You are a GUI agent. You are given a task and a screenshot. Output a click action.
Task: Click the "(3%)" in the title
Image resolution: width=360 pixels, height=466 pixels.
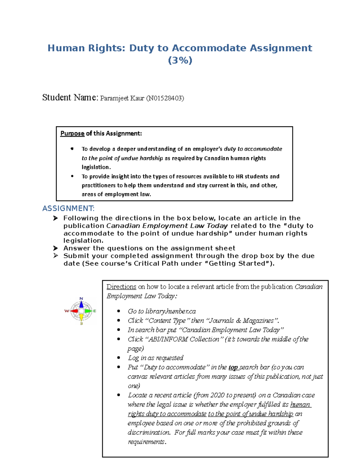(x=180, y=61)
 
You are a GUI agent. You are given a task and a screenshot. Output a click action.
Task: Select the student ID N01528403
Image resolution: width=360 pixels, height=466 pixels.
(x=165, y=98)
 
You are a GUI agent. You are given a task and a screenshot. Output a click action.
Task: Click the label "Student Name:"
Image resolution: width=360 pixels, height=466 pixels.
(x=70, y=98)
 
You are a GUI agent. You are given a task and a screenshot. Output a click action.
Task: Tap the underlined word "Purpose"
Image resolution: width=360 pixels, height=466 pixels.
(x=72, y=134)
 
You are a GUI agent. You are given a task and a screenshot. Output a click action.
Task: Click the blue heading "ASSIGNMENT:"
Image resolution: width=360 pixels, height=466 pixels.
(x=68, y=208)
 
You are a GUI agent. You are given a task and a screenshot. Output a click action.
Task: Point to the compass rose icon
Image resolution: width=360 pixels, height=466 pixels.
(x=81, y=311)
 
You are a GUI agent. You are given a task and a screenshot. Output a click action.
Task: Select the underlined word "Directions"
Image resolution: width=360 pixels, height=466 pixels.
(x=121, y=287)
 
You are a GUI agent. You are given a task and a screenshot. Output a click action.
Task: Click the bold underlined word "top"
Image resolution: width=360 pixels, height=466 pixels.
(x=233, y=367)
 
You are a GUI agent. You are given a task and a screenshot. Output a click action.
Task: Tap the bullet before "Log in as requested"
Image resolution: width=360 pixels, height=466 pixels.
(x=119, y=358)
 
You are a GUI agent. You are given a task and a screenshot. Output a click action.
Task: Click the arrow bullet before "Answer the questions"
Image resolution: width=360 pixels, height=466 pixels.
(x=55, y=248)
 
